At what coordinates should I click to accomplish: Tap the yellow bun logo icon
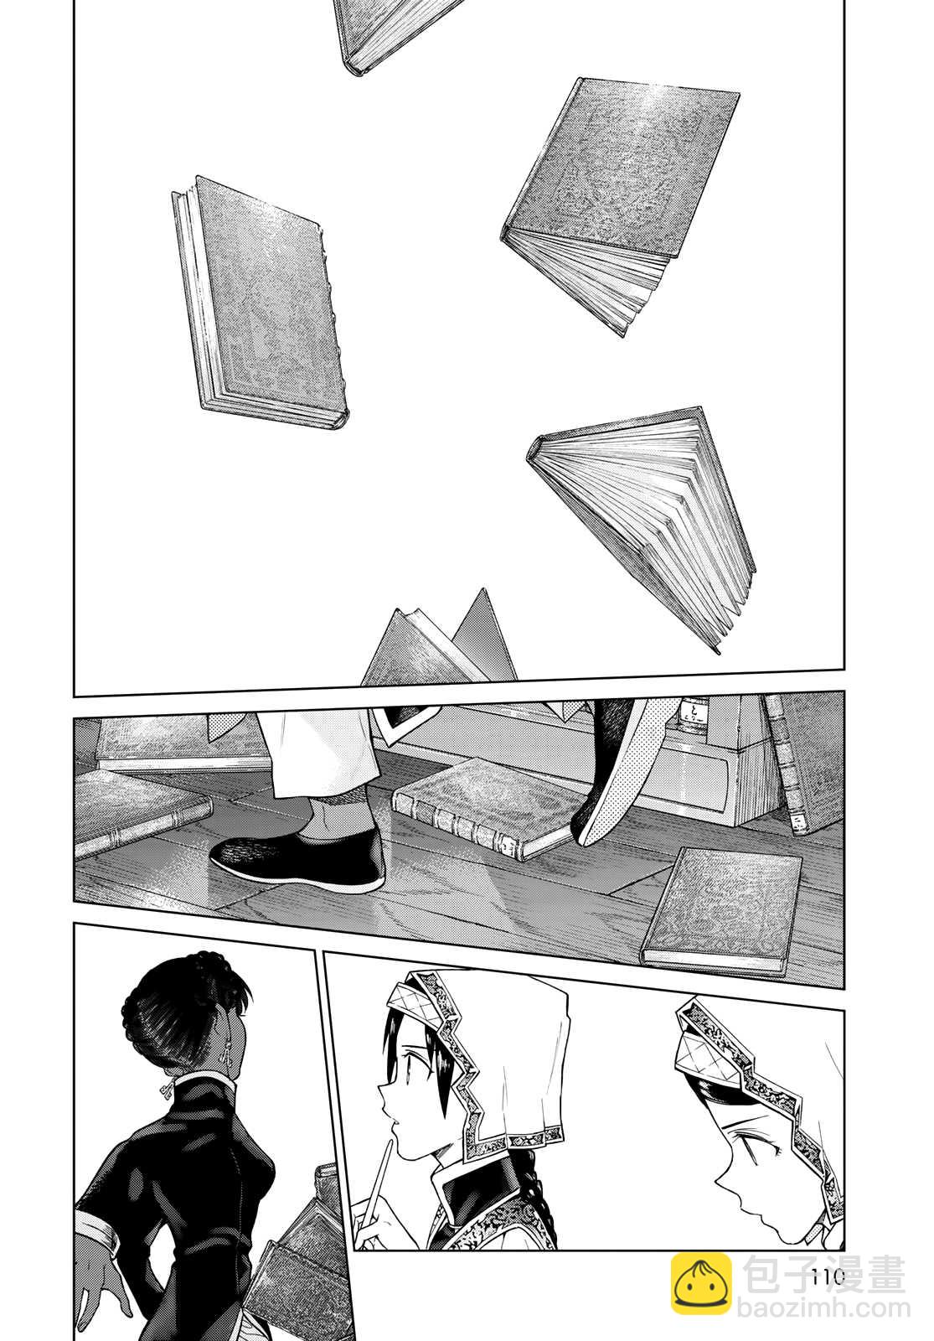coord(702,1284)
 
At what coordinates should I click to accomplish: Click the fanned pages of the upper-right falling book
coord(592,276)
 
